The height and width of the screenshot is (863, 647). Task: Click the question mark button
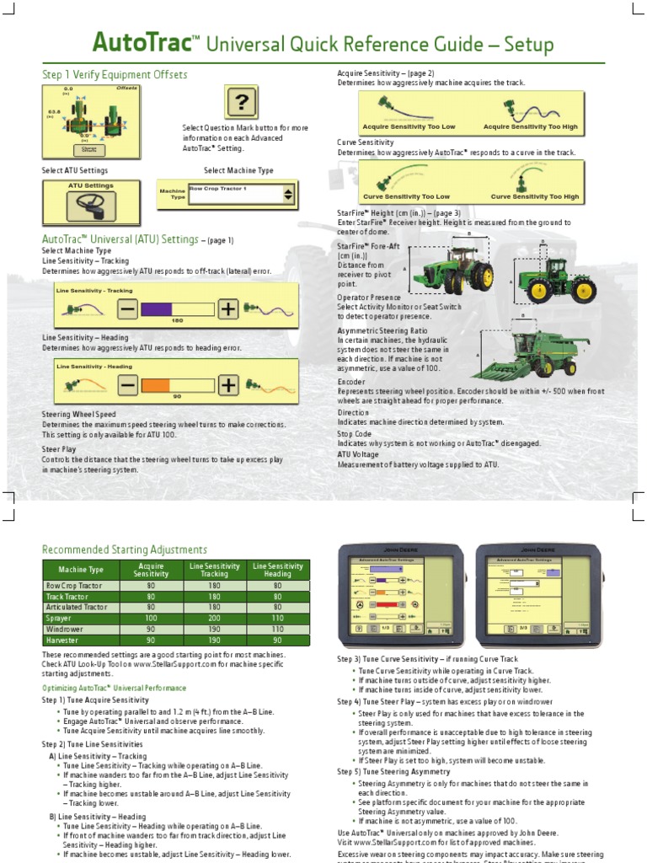(x=241, y=104)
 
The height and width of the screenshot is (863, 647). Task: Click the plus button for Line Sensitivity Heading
(x=228, y=386)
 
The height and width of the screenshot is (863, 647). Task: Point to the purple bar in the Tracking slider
(x=156, y=309)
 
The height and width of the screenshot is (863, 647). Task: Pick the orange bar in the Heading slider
(x=156, y=386)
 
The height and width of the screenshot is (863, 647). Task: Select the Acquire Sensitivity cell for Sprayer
(x=152, y=618)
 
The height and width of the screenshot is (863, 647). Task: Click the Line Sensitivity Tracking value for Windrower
(x=215, y=629)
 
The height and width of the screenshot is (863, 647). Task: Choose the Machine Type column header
(x=81, y=570)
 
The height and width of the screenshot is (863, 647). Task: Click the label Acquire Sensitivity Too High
(x=531, y=126)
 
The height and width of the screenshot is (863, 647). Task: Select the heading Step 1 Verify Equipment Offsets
(x=115, y=75)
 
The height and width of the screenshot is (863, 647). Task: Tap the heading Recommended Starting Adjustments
(x=125, y=549)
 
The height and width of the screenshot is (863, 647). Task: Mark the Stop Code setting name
(x=354, y=433)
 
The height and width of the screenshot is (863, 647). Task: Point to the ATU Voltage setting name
(x=357, y=454)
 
